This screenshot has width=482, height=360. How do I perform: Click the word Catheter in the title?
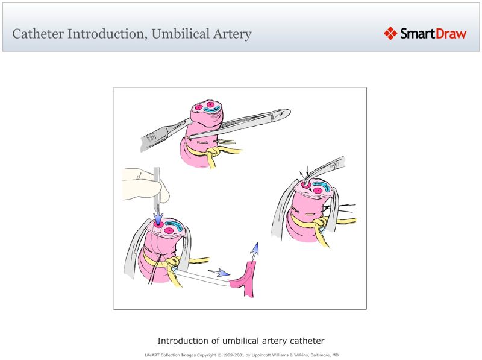(37, 34)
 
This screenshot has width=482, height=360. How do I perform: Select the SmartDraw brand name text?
(433, 34)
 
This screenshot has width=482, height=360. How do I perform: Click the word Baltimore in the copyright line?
(311, 355)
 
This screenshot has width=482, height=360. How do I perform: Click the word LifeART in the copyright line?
(154, 355)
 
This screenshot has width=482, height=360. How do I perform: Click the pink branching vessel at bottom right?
(248, 281)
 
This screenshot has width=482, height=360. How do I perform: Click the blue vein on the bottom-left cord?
(175, 227)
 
